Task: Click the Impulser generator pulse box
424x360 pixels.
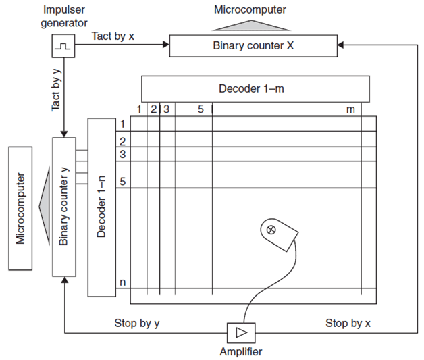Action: click(x=61, y=45)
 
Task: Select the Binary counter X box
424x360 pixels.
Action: click(x=252, y=45)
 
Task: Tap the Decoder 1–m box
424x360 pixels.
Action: click(x=255, y=88)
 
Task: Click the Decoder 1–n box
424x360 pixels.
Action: click(x=101, y=207)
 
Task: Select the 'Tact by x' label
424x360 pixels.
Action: click(x=113, y=35)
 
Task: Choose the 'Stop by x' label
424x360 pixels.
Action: click(x=348, y=323)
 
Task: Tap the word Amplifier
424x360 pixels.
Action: click(x=240, y=351)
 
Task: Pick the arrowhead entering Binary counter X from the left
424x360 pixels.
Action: click(x=165, y=45)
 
